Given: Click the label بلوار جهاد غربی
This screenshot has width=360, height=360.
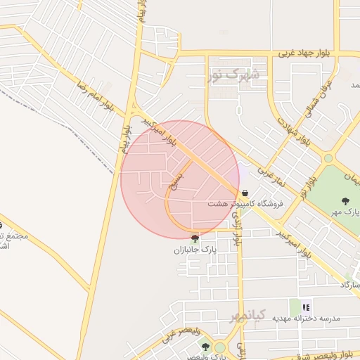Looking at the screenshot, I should click(304, 53).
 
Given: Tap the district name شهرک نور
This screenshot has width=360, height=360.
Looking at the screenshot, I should click(235, 73).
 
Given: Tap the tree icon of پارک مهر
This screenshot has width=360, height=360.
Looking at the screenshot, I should click(345, 201).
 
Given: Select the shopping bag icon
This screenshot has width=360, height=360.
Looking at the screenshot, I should click(245, 193).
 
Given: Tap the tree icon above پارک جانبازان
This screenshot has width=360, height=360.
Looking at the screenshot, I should click(195, 238).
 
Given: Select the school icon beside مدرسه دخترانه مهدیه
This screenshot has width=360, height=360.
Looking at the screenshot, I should click(306, 307).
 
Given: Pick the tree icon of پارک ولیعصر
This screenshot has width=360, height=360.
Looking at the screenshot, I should click(205, 347).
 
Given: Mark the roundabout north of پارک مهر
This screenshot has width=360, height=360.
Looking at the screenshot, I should click(328, 158).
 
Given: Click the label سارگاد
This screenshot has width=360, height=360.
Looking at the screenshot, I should click(350, 285).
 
